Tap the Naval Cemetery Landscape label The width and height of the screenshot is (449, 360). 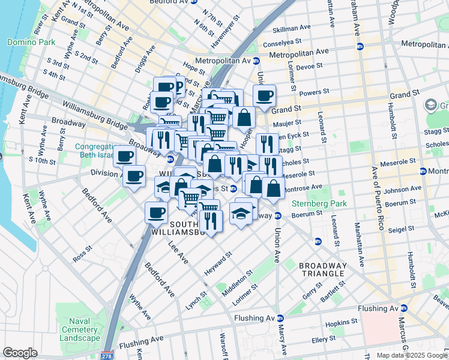(x=83, y=330)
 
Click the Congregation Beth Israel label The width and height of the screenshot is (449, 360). (x=97, y=151)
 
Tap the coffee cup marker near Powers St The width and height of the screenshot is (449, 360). (x=264, y=95)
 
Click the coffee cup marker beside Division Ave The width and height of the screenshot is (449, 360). (x=134, y=176)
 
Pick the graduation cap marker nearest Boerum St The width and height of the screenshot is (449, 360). (x=241, y=214)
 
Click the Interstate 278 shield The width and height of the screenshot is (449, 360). (x=107, y=355)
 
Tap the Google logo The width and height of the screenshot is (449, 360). (x=20, y=353)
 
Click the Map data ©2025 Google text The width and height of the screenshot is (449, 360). (x=412, y=355)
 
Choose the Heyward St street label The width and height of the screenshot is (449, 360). (x=218, y=262)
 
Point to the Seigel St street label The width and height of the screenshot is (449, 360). (x=400, y=229)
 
